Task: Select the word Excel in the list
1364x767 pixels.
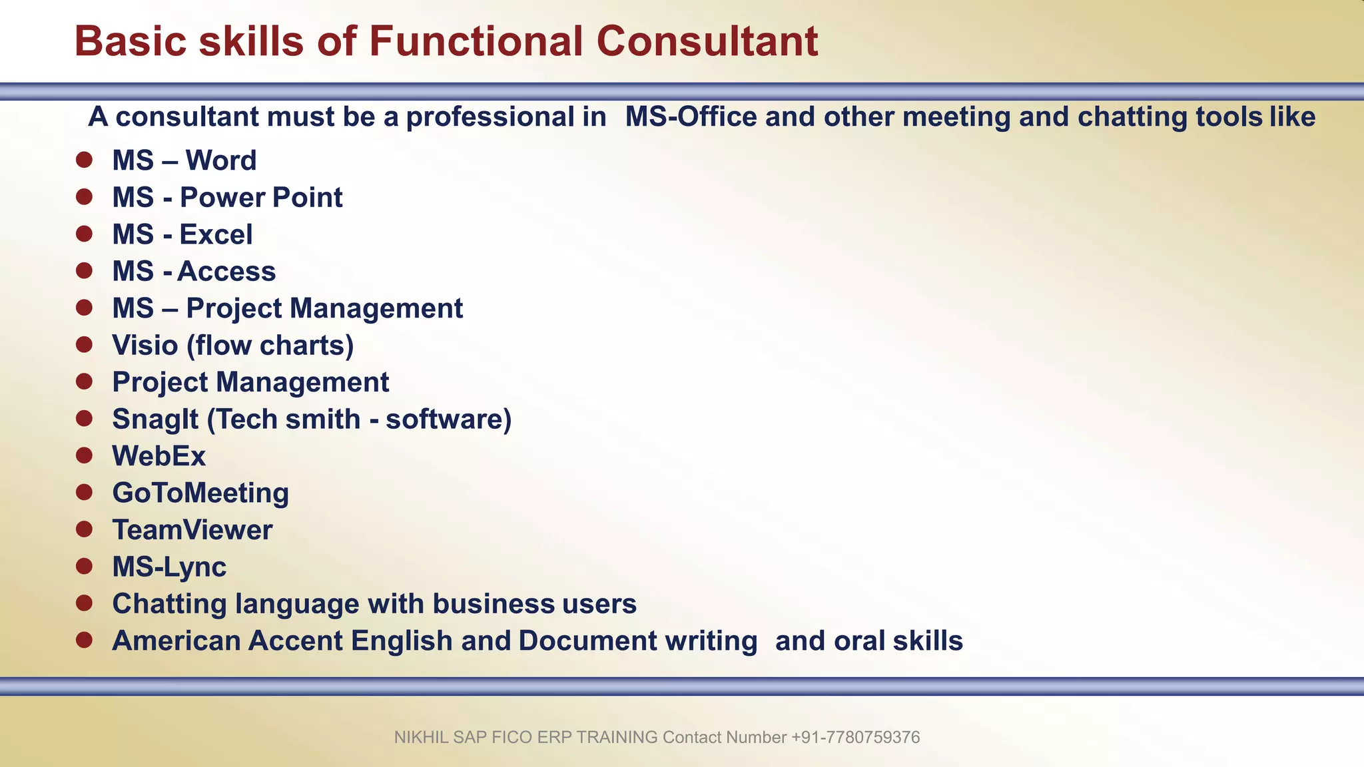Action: point(216,234)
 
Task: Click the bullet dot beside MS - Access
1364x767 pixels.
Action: point(84,270)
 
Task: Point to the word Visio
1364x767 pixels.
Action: point(145,345)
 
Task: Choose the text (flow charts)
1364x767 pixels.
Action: point(270,346)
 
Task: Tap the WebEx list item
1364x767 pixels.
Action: point(159,456)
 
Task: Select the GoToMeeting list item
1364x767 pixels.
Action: point(200,493)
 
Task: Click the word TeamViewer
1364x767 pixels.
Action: point(192,530)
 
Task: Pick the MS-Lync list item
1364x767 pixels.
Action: point(169,567)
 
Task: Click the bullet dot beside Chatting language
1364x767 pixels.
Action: point(84,603)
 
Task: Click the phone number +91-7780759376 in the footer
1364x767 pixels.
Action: point(855,737)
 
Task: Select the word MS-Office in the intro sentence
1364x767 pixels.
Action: point(691,117)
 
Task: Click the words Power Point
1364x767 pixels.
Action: point(261,198)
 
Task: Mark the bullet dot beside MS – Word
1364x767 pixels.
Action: point(84,160)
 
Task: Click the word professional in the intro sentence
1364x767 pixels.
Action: point(506,117)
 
